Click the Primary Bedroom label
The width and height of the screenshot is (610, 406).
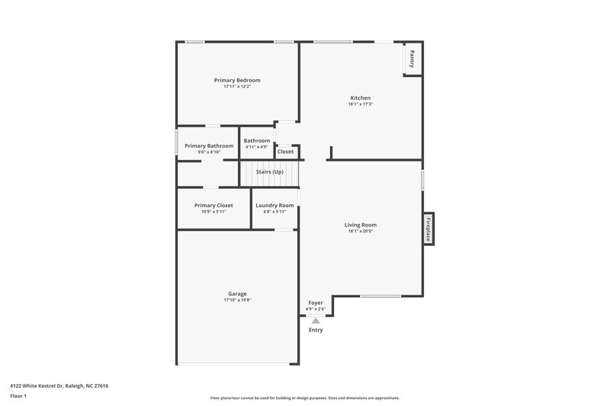[237, 80]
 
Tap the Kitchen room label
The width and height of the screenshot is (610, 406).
[360, 98]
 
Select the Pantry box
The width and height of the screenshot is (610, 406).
[412, 59]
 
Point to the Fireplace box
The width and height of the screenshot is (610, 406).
[429, 228]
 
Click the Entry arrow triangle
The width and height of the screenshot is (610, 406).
[316, 321]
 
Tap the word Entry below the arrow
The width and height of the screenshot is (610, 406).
[316, 330]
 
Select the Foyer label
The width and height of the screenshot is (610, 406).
[316, 303]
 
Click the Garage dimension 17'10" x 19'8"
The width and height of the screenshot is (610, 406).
[237, 300]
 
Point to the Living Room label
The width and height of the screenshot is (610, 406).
[361, 225]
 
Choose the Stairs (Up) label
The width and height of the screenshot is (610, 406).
[269, 172]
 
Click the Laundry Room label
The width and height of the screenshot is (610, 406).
[274, 206]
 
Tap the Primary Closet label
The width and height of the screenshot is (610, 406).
[213, 206]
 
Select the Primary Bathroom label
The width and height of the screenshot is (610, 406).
[209, 145]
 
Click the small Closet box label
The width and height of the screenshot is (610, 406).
[285, 152]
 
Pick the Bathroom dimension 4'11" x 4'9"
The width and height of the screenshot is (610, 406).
[257, 146]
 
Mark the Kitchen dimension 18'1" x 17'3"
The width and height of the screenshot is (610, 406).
[360, 104]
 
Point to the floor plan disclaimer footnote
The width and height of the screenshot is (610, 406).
[304, 398]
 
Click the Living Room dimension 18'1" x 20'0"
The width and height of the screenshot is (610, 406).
[361, 231]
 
